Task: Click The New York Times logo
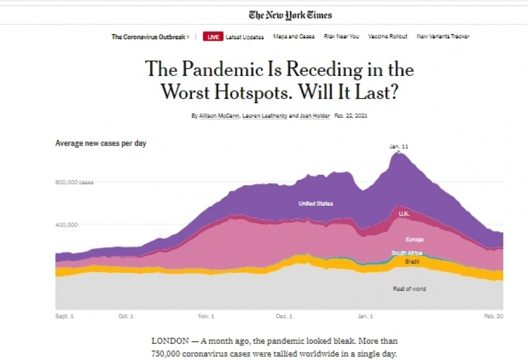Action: tap(290, 15)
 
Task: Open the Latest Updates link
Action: tap(245, 37)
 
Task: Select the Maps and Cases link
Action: tap(294, 37)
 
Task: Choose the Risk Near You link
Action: tap(341, 37)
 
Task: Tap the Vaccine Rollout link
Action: tap(388, 37)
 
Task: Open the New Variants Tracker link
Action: tap(443, 37)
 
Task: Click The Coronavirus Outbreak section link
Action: tap(150, 37)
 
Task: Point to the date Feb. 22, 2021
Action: tap(351, 115)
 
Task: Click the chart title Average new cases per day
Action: tap(101, 143)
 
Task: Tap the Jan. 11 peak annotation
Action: tap(399, 147)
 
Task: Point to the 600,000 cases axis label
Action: tap(74, 182)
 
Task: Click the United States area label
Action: tap(315, 203)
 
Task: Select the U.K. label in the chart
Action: tap(404, 214)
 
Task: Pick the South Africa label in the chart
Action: tap(407, 253)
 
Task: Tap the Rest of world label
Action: tap(409, 289)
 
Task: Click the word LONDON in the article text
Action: tap(169, 341)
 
